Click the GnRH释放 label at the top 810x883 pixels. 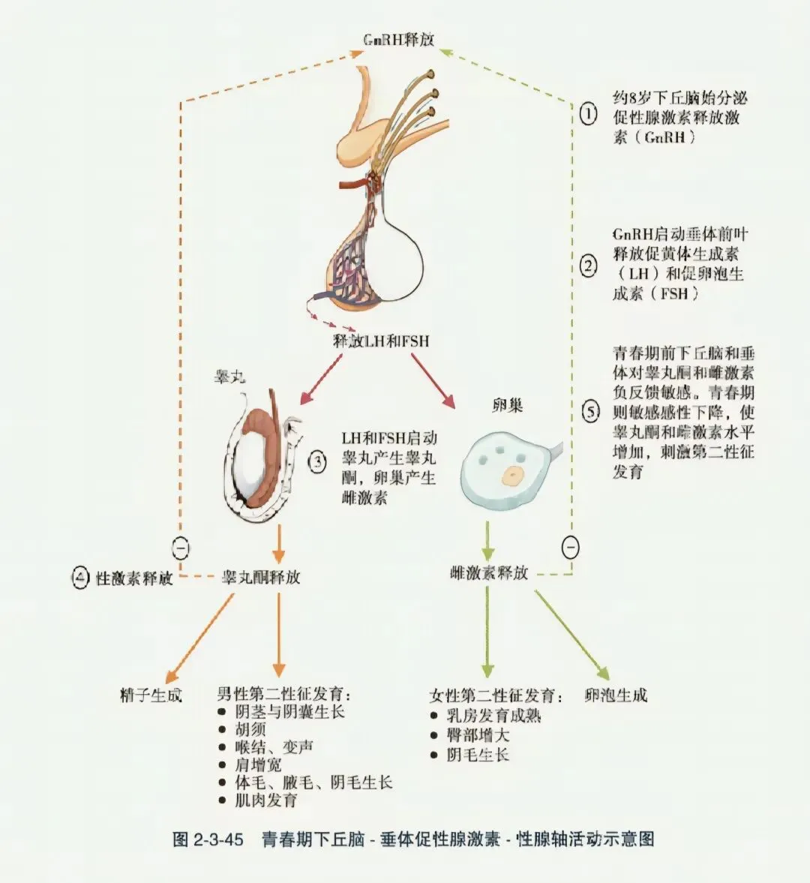point(398,40)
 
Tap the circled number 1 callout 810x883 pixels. point(589,115)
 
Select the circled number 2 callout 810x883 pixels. point(589,266)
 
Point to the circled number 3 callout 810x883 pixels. point(318,461)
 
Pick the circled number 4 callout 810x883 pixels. point(80,578)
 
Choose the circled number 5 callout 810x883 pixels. point(591,411)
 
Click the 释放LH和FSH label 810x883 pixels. point(381,341)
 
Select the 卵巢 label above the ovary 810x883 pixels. point(507,406)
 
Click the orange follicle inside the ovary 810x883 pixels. point(513,474)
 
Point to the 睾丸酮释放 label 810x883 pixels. point(260,577)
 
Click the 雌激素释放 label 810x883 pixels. point(489,573)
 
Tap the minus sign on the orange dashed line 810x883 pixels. point(181,548)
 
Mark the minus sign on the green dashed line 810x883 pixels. point(571,548)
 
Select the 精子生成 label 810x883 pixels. point(151,695)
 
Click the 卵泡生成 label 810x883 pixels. point(616,695)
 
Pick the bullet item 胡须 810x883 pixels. point(250,729)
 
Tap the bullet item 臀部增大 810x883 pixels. point(478,735)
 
